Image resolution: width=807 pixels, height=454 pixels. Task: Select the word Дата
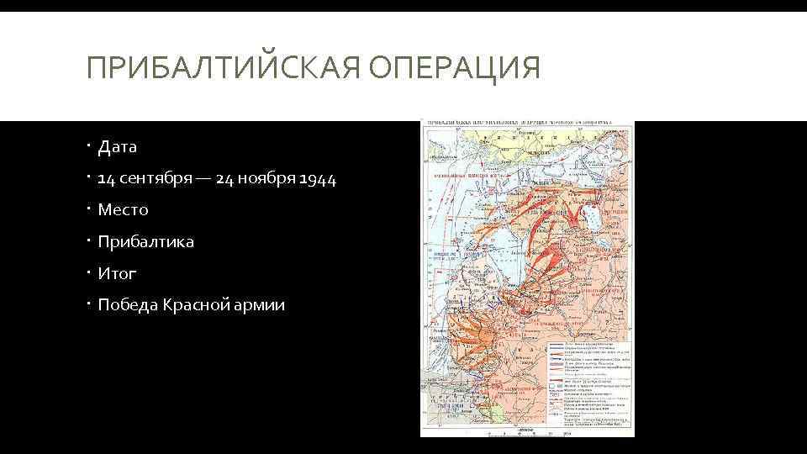coord(118,147)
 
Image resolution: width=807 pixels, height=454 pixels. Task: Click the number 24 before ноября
coord(225,179)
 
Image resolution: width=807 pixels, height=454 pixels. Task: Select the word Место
coord(123,210)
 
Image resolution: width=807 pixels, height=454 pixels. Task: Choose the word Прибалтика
coord(145,242)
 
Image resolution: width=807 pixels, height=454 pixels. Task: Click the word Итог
coord(117,273)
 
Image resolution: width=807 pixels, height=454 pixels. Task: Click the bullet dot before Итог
coord(88,273)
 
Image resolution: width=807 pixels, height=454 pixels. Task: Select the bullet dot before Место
coord(88,210)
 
